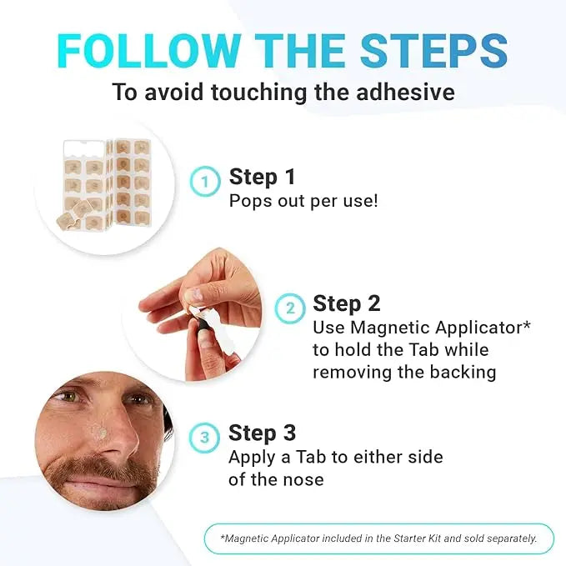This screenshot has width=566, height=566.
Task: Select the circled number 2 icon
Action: [290, 307]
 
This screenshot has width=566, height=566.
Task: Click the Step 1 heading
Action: [263, 177]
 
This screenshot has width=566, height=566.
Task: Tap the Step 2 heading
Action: [347, 303]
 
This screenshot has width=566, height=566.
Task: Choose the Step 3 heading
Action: [263, 433]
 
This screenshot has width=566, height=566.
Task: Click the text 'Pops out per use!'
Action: [303, 201]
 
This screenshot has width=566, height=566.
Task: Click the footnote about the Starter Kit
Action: [378, 538]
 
